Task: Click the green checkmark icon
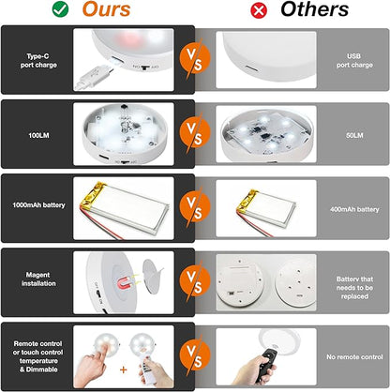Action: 60,9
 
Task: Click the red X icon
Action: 259,10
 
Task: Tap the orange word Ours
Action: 106,9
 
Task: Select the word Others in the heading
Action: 314,9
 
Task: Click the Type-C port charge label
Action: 38,61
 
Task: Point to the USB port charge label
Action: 354,61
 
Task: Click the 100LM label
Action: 38,135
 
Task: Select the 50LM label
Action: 354,135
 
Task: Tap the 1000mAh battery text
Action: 38,205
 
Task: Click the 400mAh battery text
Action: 354,209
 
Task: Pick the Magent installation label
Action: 38,279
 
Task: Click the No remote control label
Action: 354,357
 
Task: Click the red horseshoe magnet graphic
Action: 126,283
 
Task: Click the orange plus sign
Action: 124,369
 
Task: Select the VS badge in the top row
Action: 195,59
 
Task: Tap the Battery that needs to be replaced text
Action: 354,288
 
